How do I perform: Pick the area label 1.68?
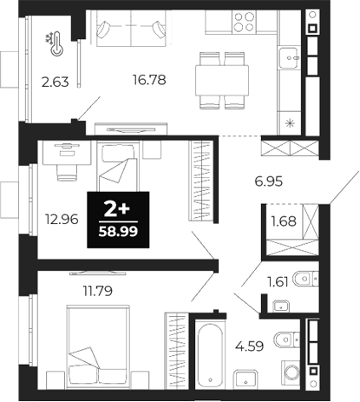coord(284,221)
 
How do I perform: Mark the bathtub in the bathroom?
coord(212,353)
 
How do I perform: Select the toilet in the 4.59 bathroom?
coord(283,340)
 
